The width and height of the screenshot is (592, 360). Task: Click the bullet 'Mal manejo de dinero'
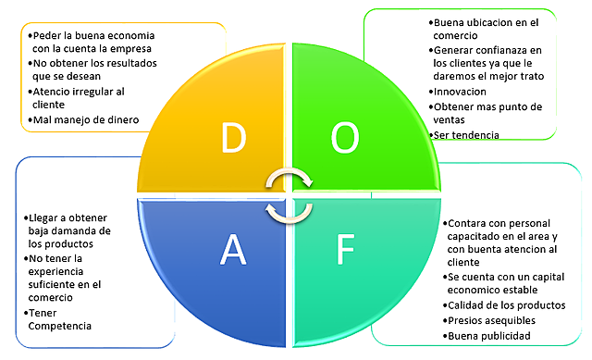point(86,119)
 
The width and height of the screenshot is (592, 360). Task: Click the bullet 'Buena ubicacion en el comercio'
point(487,28)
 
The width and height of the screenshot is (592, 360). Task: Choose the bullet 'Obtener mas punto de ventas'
point(488,113)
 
